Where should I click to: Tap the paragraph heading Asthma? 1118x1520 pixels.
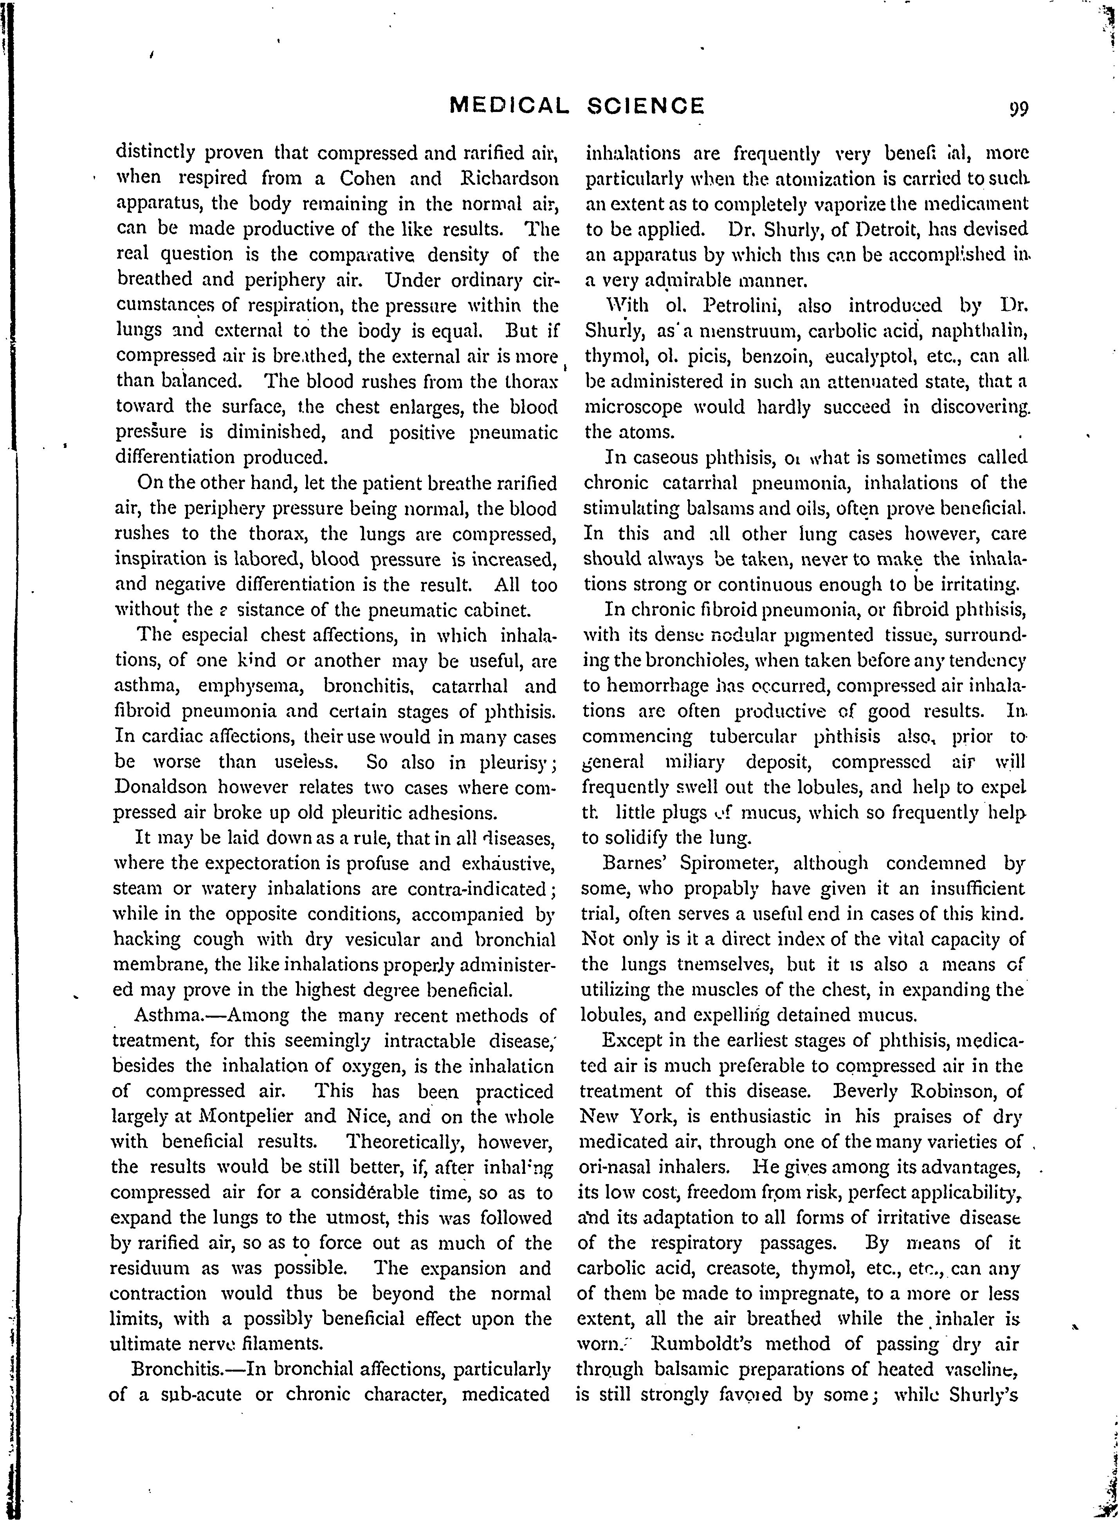click(166, 1015)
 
